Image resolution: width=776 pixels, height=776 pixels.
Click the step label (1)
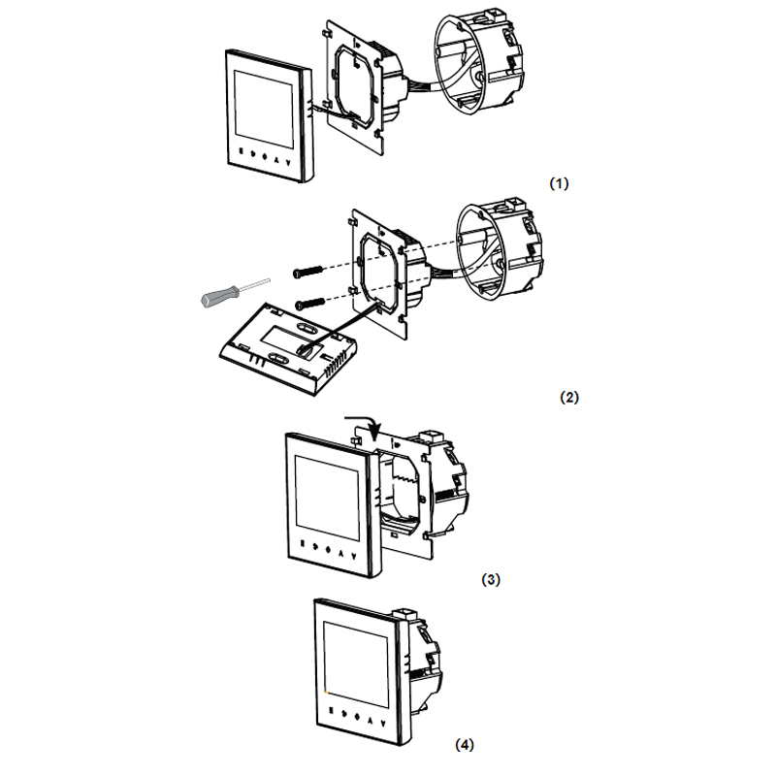point(560,183)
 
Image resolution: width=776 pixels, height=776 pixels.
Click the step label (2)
point(569,397)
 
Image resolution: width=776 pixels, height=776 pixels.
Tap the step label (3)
point(491,579)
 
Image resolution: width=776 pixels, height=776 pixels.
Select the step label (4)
point(465,745)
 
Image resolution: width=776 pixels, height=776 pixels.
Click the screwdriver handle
point(220,297)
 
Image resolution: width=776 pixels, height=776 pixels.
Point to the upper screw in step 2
point(307,272)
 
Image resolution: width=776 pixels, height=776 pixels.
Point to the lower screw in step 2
point(309,304)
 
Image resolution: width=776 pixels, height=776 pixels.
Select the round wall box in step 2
point(500,250)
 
